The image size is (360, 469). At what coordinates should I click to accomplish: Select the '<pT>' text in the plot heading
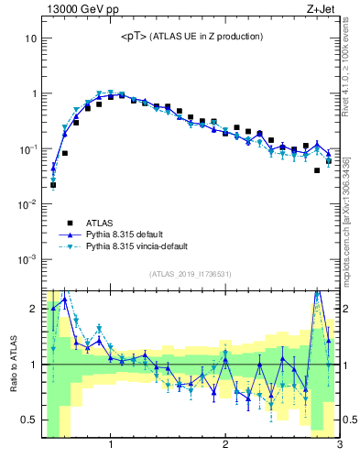coord(133,37)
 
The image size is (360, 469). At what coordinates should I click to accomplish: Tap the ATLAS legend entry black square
coord(66,222)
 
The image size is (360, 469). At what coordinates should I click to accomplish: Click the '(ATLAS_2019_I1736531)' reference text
coord(191,274)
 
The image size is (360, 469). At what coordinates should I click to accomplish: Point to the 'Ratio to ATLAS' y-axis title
coord(13,365)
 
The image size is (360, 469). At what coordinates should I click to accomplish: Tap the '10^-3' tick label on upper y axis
coord(26,259)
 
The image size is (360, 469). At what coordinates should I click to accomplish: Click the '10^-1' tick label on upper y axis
coord(26,148)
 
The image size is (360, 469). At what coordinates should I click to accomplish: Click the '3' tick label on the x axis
coord(339,445)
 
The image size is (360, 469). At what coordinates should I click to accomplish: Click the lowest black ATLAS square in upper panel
coord(53,185)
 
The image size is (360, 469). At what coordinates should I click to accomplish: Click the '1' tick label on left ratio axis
coord(32,365)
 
